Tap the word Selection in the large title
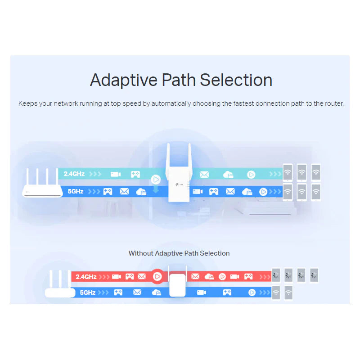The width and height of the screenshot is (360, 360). (236, 80)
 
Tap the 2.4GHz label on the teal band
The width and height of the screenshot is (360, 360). (74, 174)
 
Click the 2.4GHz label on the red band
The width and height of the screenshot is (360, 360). (86, 276)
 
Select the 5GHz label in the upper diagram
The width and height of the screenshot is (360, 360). (76, 191)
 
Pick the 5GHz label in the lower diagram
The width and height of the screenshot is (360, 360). (88, 292)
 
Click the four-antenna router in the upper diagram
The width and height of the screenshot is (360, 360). (42, 184)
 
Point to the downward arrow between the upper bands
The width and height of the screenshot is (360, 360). (156, 189)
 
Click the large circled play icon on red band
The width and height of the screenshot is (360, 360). (157, 276)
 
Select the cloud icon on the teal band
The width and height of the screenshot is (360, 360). (228, 174)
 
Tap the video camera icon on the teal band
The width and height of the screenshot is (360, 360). (116, 174)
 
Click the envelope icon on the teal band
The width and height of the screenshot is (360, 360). (204, 174)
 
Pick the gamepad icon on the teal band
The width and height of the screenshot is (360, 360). (135, 174)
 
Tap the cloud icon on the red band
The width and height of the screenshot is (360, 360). (209, 276)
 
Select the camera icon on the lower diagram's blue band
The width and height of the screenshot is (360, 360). (201, 292)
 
